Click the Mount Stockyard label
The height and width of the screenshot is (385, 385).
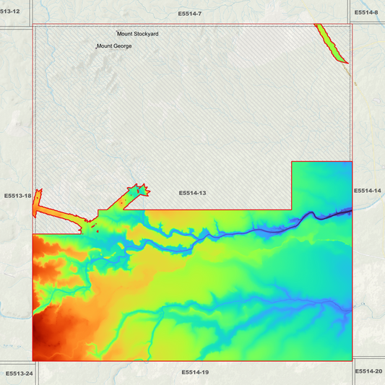coord(138,34)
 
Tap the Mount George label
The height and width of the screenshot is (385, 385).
coord(114,46)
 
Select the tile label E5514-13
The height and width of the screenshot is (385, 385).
coord(193,193)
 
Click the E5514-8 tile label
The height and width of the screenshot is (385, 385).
coord(366,12)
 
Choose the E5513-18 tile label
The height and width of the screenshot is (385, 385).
coord(17,196)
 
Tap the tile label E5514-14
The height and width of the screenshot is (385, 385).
coord(368,191)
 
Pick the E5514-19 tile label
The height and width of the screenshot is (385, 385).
coord(195,372)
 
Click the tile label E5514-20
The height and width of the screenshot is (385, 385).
coord(369,371)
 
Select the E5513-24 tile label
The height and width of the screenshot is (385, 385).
coord(18,373)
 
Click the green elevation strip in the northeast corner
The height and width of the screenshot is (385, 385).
coord(332,44)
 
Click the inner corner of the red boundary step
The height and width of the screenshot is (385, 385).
coord(291,209)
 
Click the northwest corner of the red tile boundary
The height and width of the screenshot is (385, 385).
coord(33,24)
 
